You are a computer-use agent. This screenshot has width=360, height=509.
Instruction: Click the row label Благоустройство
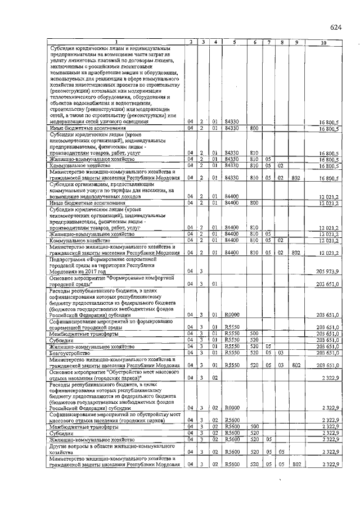tap(66, 353)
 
